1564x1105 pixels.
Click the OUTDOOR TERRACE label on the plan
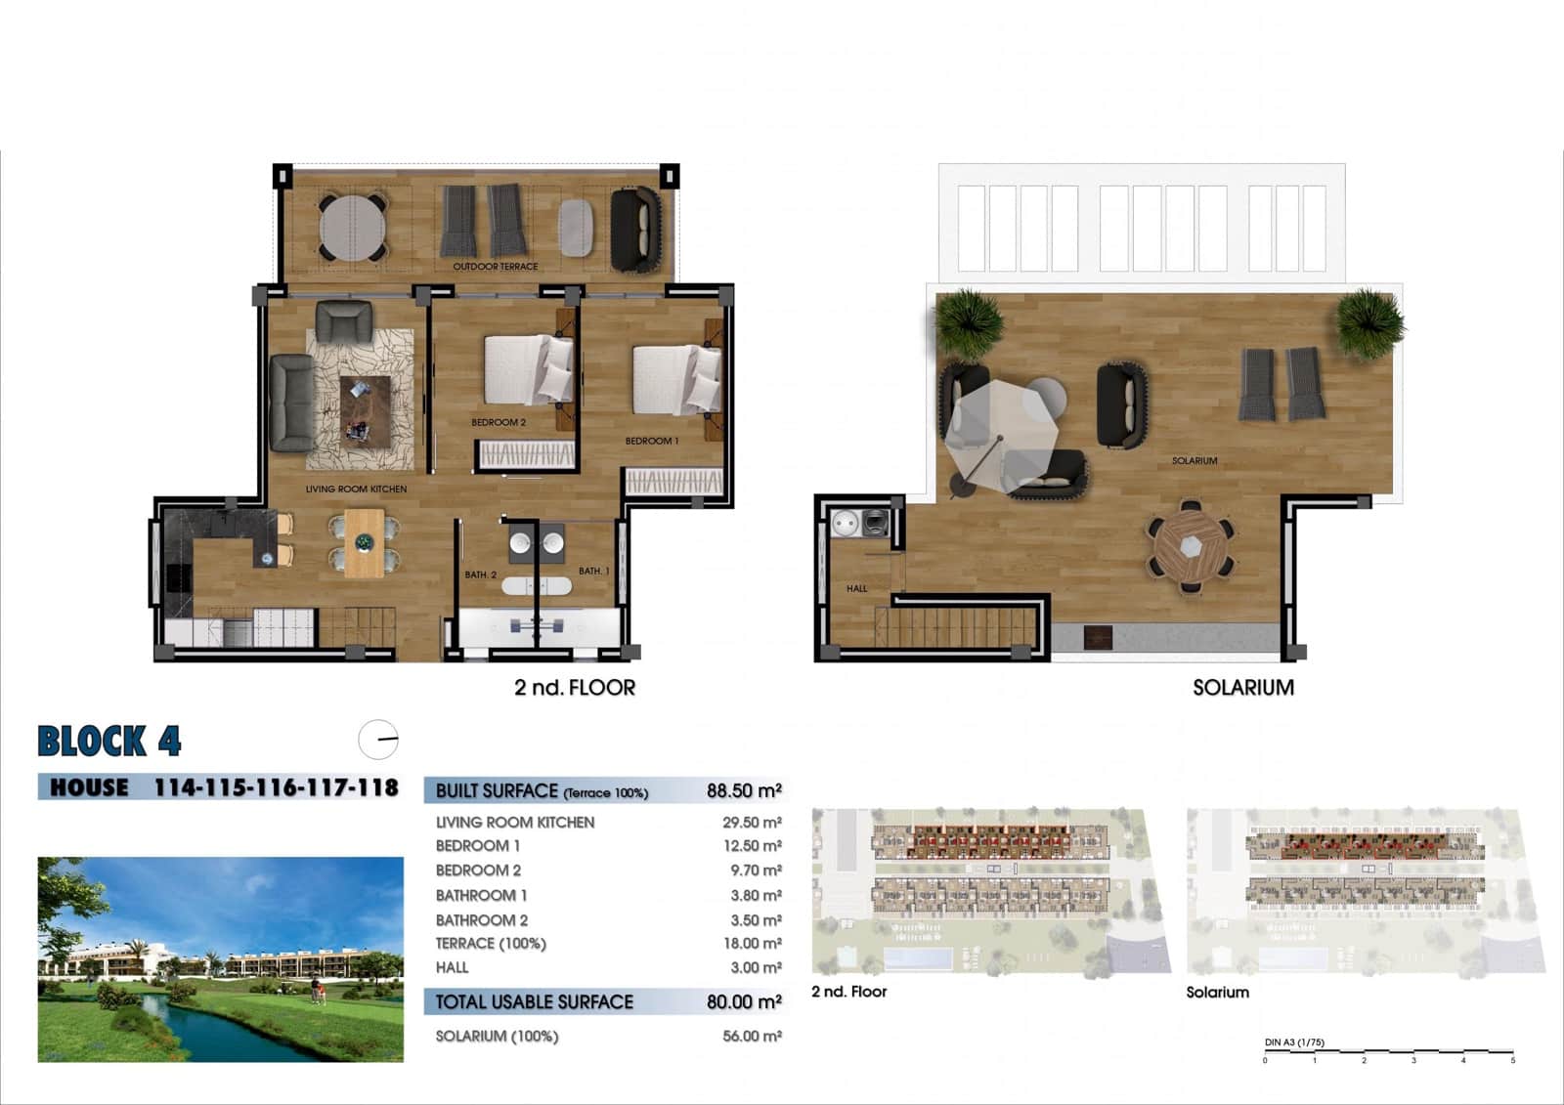click(495, 266)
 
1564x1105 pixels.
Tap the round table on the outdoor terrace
click(352, 228)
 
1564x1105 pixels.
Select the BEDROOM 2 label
click(499, 422)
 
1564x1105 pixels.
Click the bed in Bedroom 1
click(675, 380)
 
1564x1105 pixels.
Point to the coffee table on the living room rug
click(365, 410)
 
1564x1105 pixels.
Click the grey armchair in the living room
click(343, 320)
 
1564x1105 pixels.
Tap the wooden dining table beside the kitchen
click(365, 542)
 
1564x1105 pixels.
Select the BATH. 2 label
click(480, 574)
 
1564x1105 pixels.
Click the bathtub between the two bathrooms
click(536, 586)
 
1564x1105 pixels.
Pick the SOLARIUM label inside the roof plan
click(1195, 460)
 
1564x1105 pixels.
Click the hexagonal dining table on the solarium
click(1190, 547)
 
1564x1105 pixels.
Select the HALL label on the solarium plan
click(856, 588)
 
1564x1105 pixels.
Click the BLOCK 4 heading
click(109, 742)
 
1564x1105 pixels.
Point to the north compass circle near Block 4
click(378, 740)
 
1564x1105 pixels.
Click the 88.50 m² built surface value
click(743, 790)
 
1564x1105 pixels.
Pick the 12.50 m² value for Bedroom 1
click(752, 846)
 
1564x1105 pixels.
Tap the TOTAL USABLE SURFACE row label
click(534, 1001)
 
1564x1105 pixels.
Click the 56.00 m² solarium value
click(752, 1036)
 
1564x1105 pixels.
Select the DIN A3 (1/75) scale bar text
click(1294, 1042)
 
